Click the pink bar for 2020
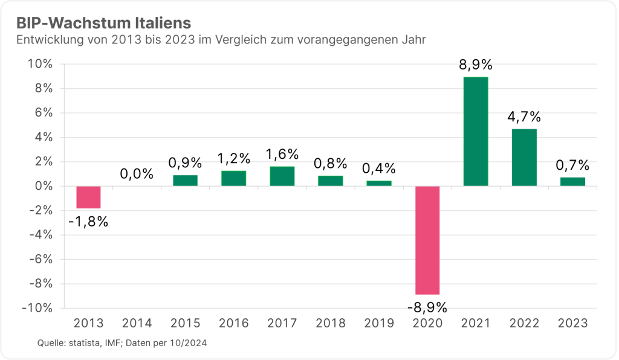pos(427,240)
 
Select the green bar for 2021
pos(476,131)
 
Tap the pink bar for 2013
pos(88,197)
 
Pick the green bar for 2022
pos(524,157)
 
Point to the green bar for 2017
pos(282,176)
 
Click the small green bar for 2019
pos(379,183)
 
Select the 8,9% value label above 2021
pos(476,65)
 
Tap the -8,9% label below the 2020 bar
pos(427,307)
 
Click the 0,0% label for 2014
pos(137,175)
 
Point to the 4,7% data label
pos(524,117)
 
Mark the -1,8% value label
pos(88,222)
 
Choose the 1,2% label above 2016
pos(234,158)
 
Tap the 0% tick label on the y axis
pos(44,186)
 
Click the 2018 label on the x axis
pos(331,323)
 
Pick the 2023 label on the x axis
pos(572,323)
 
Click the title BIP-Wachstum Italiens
pos(103,23)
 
